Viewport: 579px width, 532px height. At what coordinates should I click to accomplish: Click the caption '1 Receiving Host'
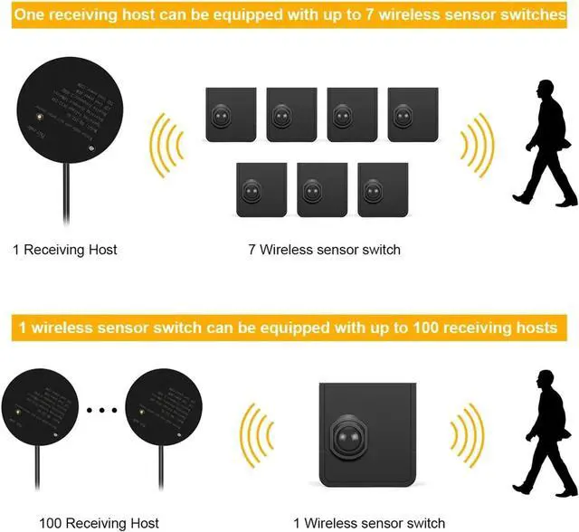click(x=65, y=250)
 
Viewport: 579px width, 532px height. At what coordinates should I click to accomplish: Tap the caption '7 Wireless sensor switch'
click(x=324, y=250)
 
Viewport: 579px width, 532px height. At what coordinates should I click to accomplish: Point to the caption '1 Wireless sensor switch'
click(x=369, y=523)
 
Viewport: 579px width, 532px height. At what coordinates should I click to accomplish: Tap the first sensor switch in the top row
click(x=229, y=114)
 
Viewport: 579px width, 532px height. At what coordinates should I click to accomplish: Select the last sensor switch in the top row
click(x=413, y=114)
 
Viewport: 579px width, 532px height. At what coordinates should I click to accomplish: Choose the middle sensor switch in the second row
click(x=322, y=189)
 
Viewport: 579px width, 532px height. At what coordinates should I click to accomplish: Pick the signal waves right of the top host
click(x=169, y=145)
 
